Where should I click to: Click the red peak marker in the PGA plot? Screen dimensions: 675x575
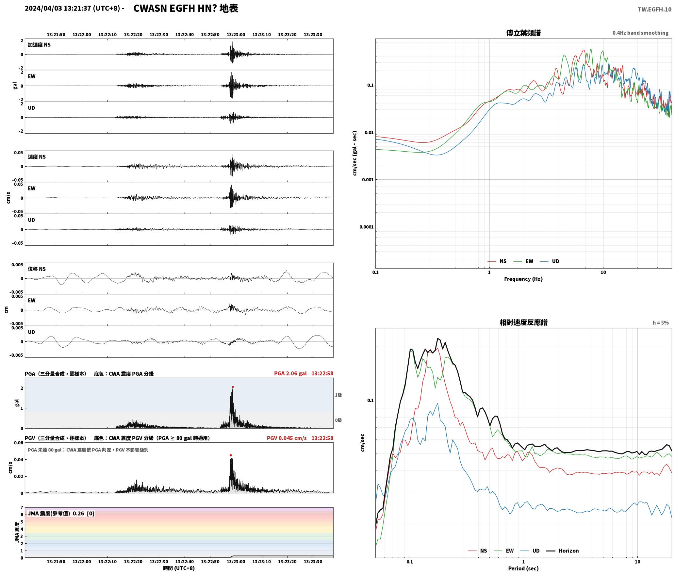(x=233, y=387)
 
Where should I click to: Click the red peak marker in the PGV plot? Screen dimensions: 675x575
(x=231, y=455)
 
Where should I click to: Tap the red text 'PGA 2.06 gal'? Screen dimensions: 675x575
(x=290, y=373)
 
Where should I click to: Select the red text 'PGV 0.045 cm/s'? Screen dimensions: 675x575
(x=287, y=438)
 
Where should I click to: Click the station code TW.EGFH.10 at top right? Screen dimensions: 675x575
(x=654, y=9)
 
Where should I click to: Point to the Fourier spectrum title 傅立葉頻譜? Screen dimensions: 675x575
(x=523, y=33)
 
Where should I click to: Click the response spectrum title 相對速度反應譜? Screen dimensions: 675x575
(x=523, y=322)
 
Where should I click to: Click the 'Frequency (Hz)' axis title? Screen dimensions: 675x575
(x=523, y=279)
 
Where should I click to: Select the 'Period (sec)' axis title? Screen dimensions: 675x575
(x=523, y=568)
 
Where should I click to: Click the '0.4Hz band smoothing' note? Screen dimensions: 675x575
(x=640, y=33)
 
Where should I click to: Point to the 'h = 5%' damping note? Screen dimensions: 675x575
(x=661, y=323)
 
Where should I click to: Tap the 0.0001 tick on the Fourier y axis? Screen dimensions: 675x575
(x=366, y=227)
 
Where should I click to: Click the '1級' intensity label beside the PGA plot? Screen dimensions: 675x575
(x=338, y=395)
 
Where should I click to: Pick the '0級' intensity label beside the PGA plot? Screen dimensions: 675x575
(x=338, y=420)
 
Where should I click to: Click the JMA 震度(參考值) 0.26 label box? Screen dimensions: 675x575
(x=61, y=513)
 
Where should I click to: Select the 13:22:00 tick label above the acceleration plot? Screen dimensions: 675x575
(x=82, y=34)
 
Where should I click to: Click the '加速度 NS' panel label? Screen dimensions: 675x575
(x=39, y=45)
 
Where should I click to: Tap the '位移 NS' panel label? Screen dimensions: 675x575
(x=37, y=269)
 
